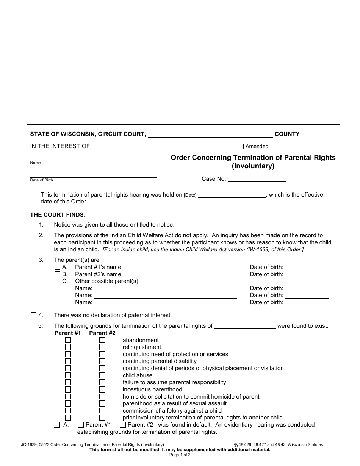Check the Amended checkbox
coord(241,147)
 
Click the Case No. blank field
coord(257,179)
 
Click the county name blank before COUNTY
coord(210,134)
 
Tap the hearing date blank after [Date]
coord(232,195)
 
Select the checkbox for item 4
coord(33,315)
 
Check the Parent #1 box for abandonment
coord(68,340)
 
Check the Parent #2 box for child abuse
coord(102,375)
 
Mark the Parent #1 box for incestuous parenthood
coord(68,389)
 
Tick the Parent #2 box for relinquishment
coord(102,347)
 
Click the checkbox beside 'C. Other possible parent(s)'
coord(57,281)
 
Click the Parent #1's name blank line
coord(182,267)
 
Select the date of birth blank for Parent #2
coord(307,274)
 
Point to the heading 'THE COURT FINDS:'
coord(58,215)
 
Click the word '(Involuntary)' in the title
coord(253,166)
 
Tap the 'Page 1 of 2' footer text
coord(180,455)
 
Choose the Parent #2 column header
coord(102,333)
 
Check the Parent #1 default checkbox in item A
coord(80,425)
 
